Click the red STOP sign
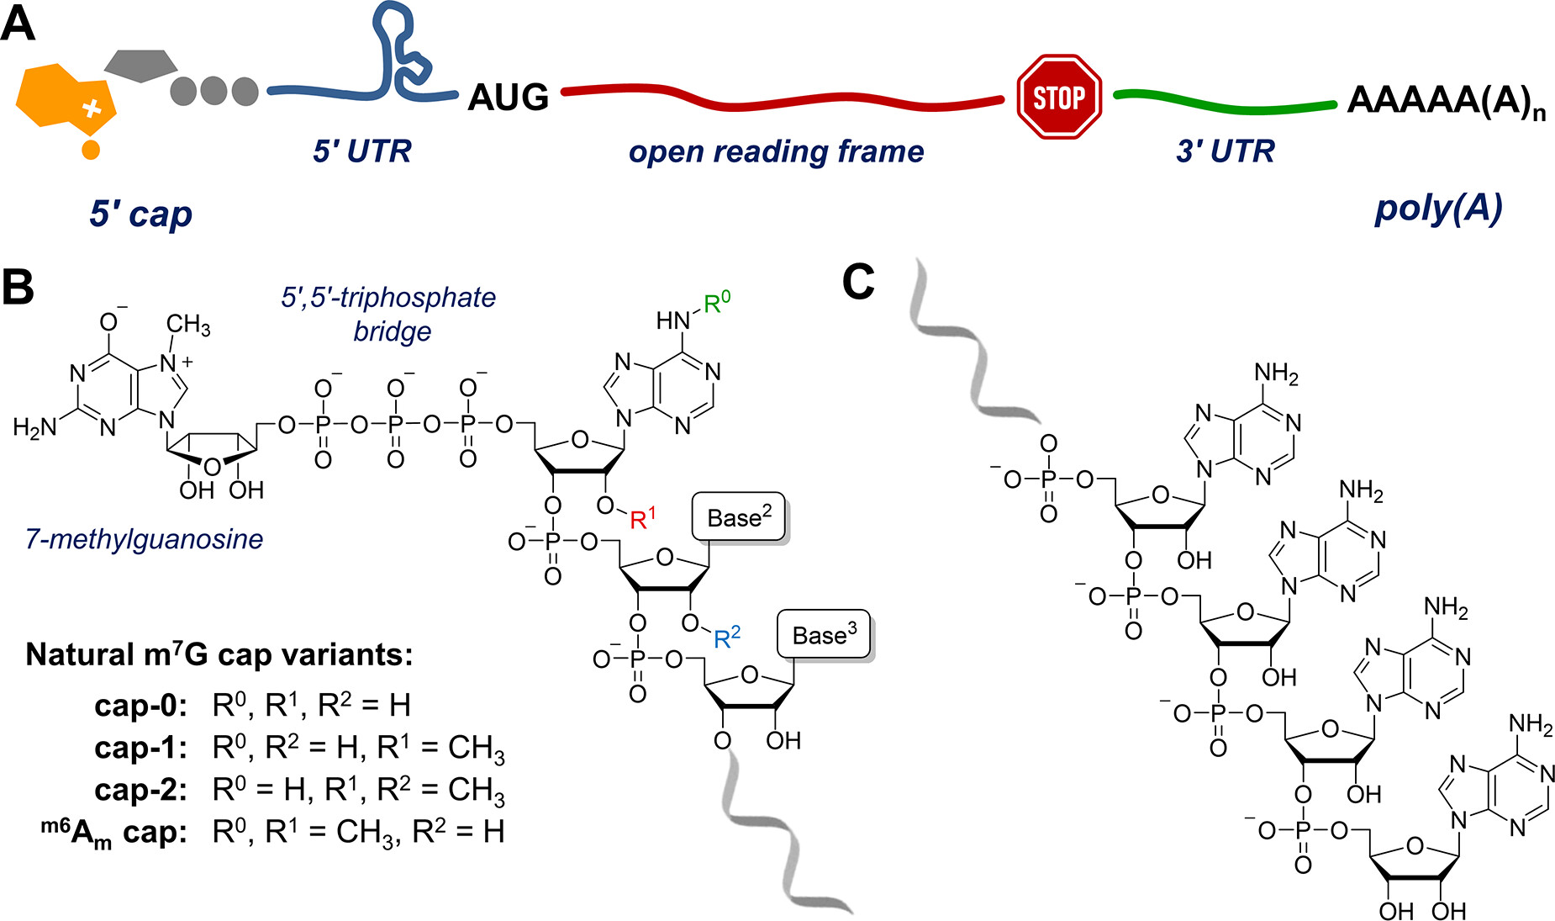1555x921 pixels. [1058, 98]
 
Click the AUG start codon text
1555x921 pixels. [508, 98]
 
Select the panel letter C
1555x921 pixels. [858, 282]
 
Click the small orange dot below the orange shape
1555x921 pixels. [91, 151]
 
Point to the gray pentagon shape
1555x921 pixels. [140, 66]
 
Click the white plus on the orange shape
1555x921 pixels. [92, 108]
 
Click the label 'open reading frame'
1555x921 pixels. [776, 151]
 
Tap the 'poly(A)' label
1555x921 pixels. [1437, 208]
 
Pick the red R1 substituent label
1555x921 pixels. [642, 518]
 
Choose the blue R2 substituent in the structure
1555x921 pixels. [726, 638]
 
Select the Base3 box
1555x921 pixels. [824, 635]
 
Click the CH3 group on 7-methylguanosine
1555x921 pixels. [187, 325]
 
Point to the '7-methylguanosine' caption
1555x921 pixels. [144, 538]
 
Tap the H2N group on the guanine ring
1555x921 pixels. [34, 427]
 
